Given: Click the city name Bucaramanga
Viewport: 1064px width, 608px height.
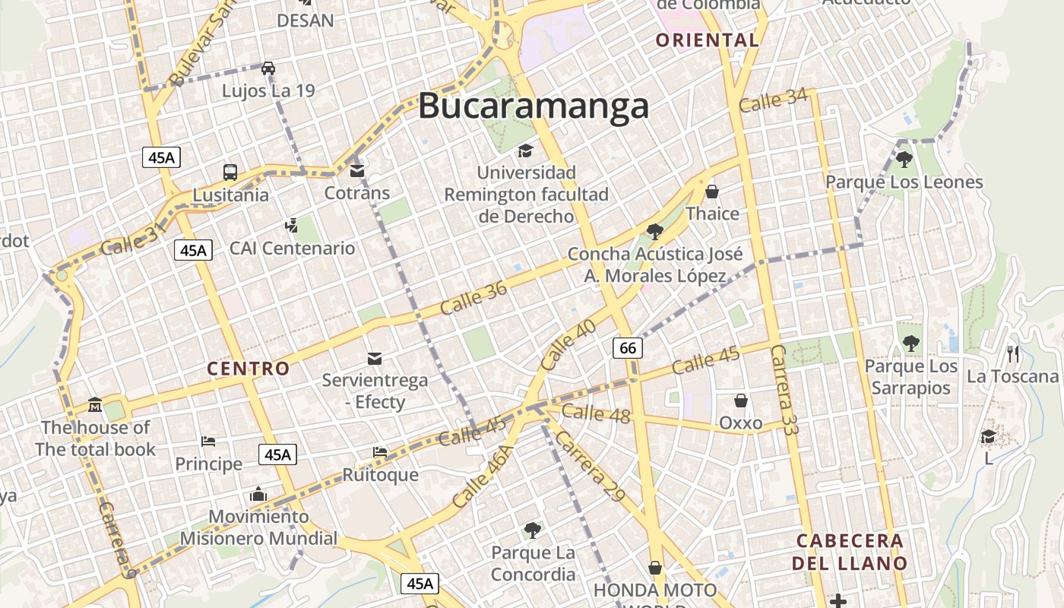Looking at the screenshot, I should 534,106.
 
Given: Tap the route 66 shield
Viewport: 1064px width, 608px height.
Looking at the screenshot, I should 628,348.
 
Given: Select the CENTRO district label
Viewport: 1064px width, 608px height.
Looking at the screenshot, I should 249,369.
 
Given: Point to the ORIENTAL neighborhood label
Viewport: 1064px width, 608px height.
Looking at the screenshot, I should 707,40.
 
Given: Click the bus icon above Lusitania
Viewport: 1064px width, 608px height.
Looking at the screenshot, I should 230,172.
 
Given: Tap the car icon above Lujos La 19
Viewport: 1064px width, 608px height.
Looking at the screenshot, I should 268,68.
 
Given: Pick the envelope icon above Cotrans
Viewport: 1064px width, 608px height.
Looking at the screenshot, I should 357,170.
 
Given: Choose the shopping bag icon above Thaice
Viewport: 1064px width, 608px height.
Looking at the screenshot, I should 712,191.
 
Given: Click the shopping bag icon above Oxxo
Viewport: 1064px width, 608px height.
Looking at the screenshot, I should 741,400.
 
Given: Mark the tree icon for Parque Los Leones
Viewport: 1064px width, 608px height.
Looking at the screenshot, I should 904,159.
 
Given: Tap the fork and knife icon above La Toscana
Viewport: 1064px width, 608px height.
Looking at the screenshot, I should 1012,353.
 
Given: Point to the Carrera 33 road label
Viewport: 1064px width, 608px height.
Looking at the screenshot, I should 785,389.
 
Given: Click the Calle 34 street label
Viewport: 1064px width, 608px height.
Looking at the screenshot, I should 773,101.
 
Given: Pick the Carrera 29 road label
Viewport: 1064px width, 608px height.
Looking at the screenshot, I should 589,467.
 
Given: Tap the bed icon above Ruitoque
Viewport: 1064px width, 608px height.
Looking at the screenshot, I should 380,452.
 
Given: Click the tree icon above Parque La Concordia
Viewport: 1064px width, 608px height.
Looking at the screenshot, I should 533,529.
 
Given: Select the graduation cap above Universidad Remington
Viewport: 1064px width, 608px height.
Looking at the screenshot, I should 526,150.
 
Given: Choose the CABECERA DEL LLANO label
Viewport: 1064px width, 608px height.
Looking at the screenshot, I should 850,552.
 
